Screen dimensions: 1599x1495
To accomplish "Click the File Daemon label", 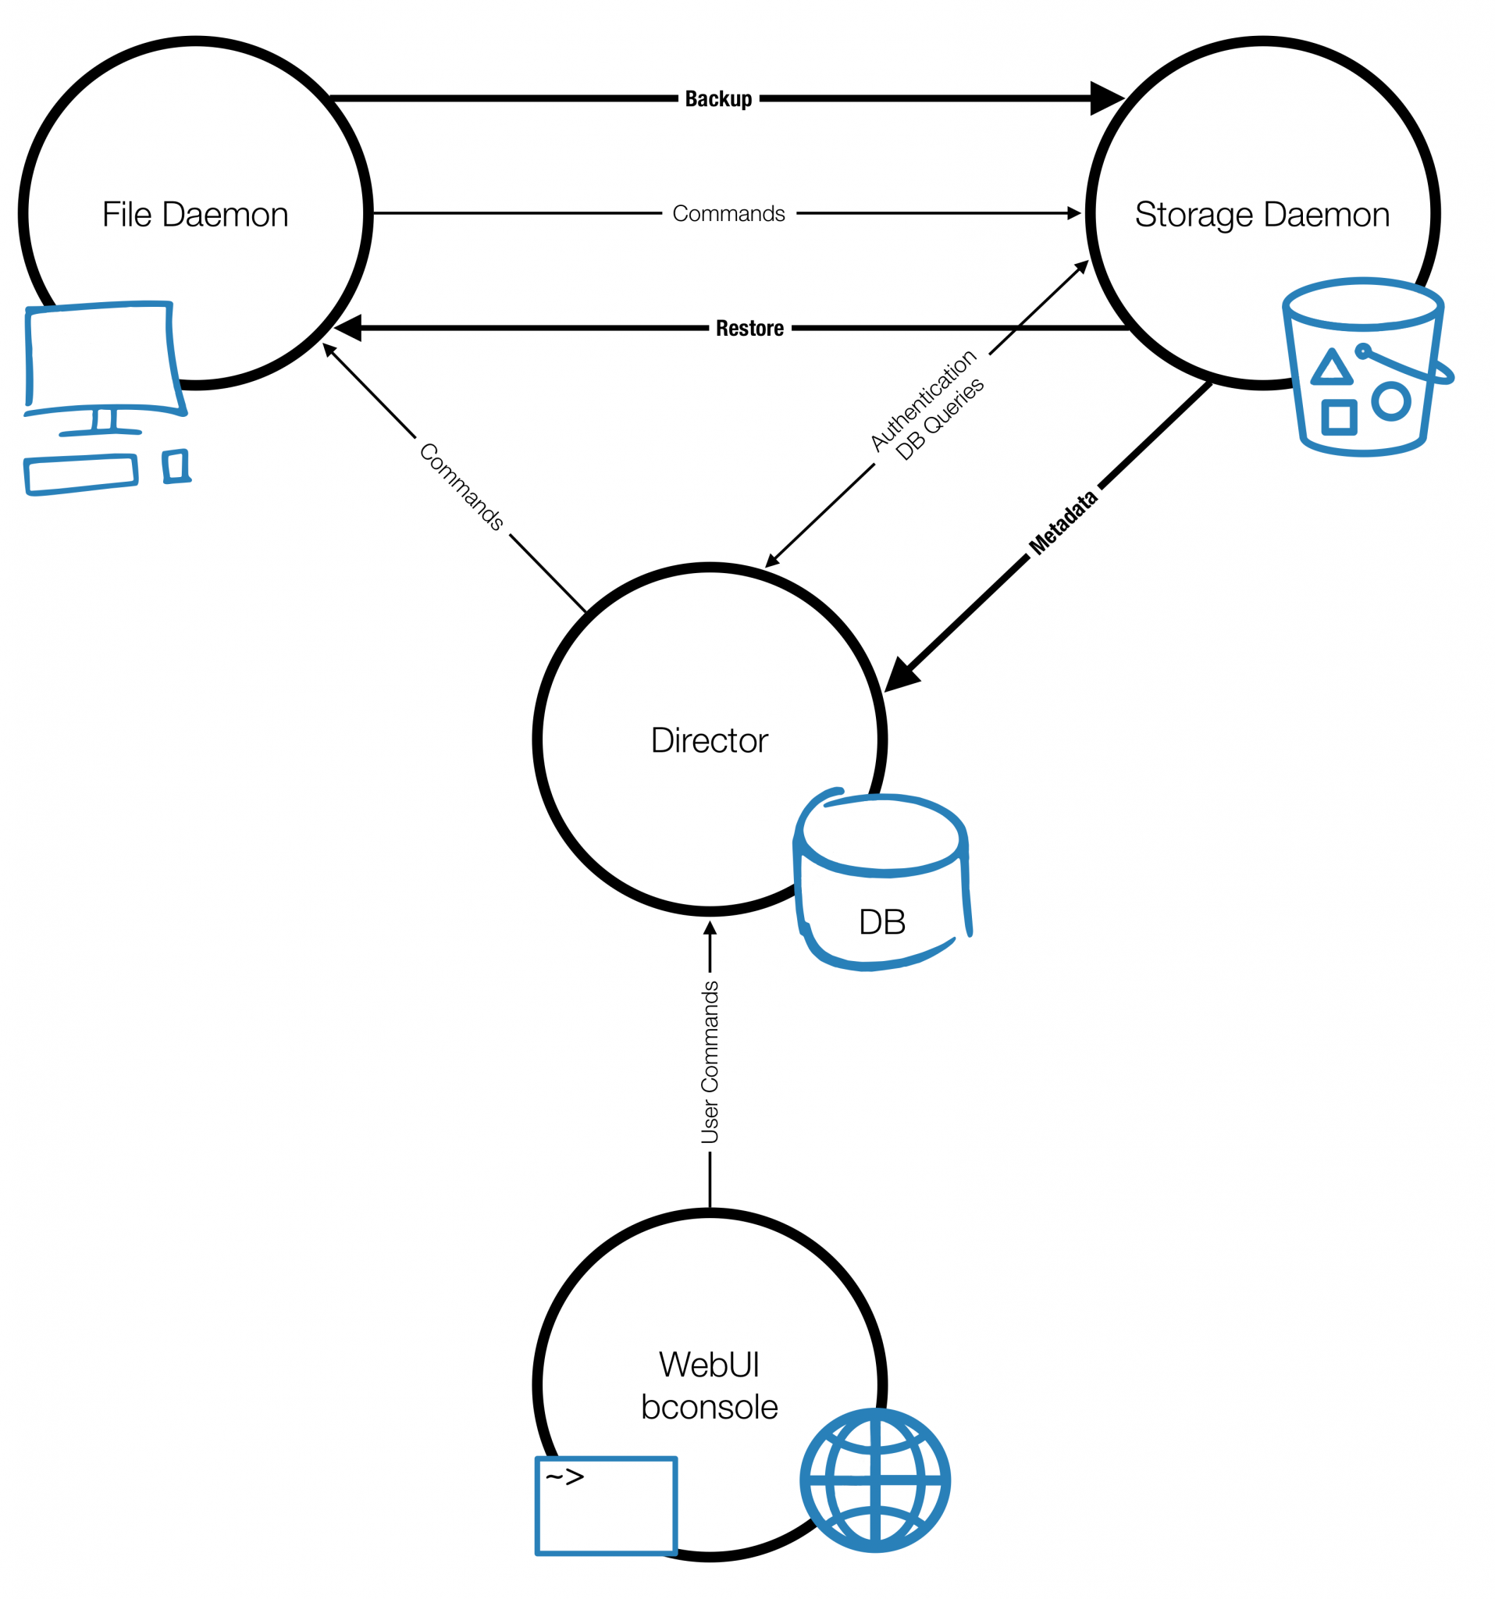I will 194,215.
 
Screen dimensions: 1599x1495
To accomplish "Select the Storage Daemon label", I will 1261,215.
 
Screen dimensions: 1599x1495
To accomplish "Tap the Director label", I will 709,740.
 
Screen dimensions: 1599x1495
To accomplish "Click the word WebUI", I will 709,1365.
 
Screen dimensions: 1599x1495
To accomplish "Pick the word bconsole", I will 709,1407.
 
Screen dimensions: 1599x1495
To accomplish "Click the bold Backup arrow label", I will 717,99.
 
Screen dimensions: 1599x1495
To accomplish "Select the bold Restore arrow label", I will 749,328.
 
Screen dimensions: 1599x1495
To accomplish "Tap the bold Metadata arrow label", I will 1063,522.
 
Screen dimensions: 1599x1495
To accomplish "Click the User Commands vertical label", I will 710,1062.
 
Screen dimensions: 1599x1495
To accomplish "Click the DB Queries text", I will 939,419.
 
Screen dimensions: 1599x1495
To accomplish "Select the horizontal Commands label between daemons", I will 728,214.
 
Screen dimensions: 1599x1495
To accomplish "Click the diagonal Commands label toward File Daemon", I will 461,486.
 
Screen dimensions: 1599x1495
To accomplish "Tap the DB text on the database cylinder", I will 881,922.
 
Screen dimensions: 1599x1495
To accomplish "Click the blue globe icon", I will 874,1481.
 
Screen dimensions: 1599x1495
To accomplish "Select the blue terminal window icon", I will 606,1505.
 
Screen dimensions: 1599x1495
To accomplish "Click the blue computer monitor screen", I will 101,355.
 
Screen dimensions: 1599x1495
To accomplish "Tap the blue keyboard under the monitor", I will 80,474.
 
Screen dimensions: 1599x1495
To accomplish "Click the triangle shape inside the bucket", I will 1331,367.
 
